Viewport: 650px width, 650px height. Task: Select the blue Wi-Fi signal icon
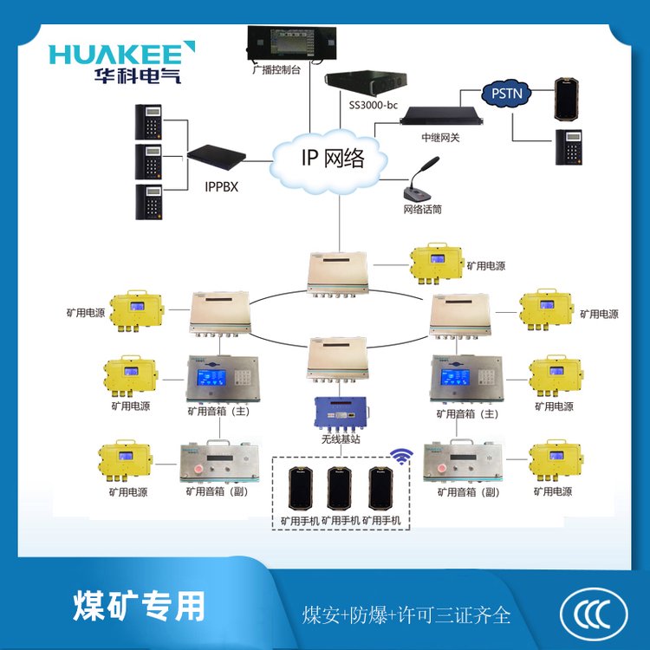tap(400, 456)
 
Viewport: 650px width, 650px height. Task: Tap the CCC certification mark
tap(595, 613)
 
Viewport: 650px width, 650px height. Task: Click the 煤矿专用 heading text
tap(140, 605)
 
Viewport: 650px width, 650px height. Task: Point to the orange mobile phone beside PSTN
tap(568, 97)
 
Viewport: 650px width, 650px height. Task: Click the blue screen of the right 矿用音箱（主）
tap(455, 378)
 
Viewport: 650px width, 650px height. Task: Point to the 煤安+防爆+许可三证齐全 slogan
tap(406, 615)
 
